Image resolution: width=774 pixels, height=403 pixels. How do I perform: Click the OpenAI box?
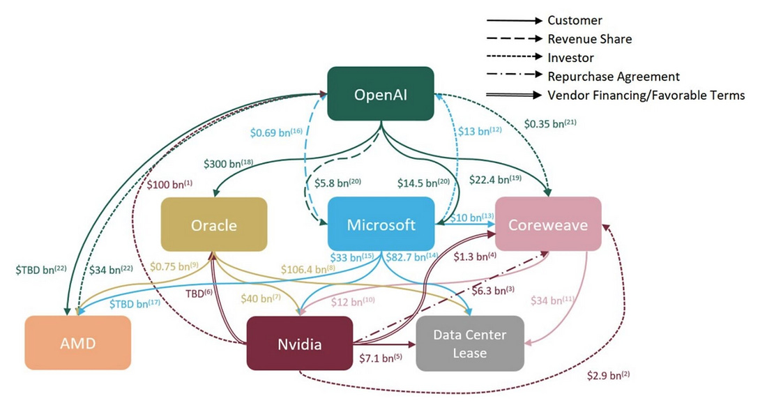click(x=381, y=95)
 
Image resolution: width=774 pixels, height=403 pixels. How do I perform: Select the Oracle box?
click(x=214, y=225)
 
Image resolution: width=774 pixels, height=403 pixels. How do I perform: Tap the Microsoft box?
click(x=381, y=225)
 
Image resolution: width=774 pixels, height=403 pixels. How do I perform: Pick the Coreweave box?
click(x=548, y=225)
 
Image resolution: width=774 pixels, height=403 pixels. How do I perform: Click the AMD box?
click(x=78, y=342)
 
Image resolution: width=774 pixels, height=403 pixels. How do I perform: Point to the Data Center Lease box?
click(x=469, y=343)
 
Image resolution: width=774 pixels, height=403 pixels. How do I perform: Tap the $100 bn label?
click(x=168, y=185)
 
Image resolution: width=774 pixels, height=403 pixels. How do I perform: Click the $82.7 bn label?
click(x=406, y=257)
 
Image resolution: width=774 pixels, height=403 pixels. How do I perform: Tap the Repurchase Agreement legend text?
click(x=613, y=77)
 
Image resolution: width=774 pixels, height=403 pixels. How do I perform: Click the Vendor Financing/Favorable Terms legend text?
click(x=646, y=96)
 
